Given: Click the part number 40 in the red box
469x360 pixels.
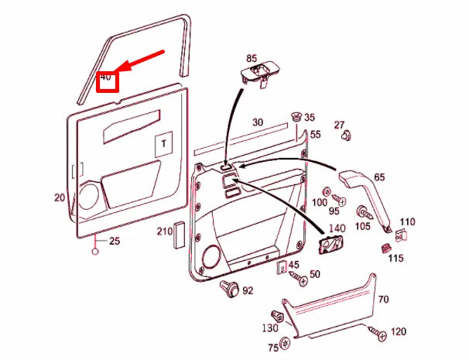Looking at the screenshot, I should (x=106, y=78).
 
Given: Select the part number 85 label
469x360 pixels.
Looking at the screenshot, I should (x=251, y=58).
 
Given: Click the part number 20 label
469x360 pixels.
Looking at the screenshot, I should (x=60, y=197).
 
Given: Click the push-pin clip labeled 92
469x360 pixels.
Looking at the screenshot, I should (x=228, y=290).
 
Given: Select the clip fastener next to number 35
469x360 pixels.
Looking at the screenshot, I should (x=296, y=118).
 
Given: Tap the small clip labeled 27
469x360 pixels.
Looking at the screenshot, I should (x=346, y=136).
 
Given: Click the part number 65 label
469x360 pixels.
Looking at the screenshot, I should (x=379, y=177).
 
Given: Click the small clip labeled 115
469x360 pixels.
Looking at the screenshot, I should (x=385, y=248).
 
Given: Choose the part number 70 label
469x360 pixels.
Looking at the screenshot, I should (x=383, y=300).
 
